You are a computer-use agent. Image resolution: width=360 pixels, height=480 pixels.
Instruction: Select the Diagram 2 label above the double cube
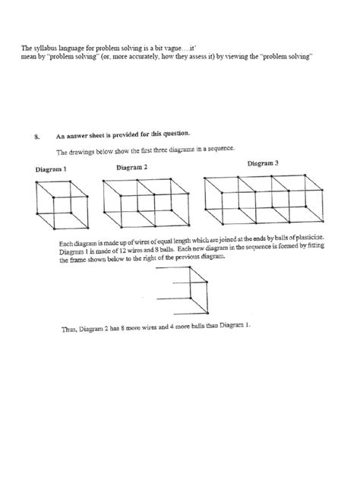(132, 167)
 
